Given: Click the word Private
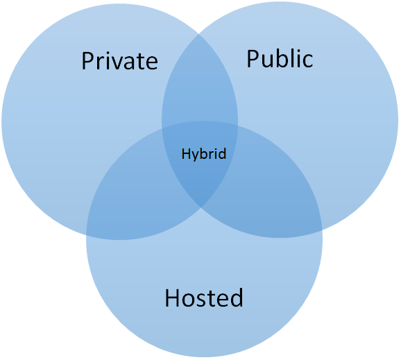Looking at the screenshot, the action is [120, 60].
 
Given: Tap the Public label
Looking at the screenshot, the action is [280, 58].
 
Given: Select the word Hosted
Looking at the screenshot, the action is [204, 297].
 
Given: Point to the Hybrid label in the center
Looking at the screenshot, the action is [204, 154].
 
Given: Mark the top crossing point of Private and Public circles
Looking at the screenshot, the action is [199, 34].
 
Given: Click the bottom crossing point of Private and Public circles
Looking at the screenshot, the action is [201, 207].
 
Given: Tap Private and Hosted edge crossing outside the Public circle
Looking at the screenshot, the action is [86, 235].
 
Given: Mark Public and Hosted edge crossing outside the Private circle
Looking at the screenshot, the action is [322, 230].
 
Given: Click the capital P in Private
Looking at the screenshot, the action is [87, 61].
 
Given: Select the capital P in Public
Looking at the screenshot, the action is [253, 59].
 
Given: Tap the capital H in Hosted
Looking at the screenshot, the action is [172, 298].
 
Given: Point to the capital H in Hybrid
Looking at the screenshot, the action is [185, 154].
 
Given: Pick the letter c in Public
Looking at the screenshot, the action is [308, 62].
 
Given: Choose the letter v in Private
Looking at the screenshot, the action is [112, 63].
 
